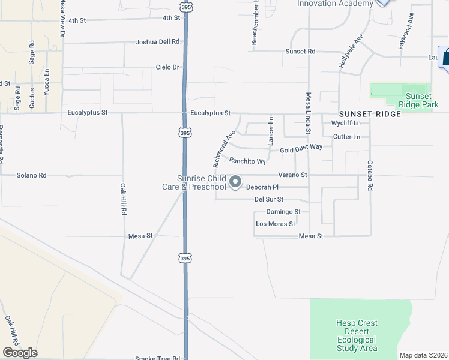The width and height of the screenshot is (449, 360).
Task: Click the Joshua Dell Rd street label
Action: pyautogui.click(x=158, y=42)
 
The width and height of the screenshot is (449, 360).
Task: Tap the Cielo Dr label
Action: pyautogui.click(x=168, y=67)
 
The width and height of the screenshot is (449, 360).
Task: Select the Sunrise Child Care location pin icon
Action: pyautogui.click(x=236, y=181)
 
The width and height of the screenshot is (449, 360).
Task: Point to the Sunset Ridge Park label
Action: pyautogui.click(x=418, y=100)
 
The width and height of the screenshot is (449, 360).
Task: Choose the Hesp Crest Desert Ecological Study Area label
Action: pyautogui.click(x=357, y=335)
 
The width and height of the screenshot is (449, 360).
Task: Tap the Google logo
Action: pyautogui.click(x=20, y=353)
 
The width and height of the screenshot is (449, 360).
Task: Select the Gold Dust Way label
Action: pyautogui.click(x=301, y=147)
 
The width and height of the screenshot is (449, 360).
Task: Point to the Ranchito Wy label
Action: pyautogui.click(x=247, y=161)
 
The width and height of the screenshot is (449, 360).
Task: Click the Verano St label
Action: pyautogui.click(x=293, y=175)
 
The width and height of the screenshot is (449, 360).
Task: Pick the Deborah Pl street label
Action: pyautogui.click(x=262, y=187)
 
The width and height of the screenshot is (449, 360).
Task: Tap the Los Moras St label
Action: pyautogui.click(x=276, y=224)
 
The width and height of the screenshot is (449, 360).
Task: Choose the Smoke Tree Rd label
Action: pyautogui.click(x=157, y=358)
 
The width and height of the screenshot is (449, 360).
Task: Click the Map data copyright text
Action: pyautogui.click(x=423, y=355)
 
